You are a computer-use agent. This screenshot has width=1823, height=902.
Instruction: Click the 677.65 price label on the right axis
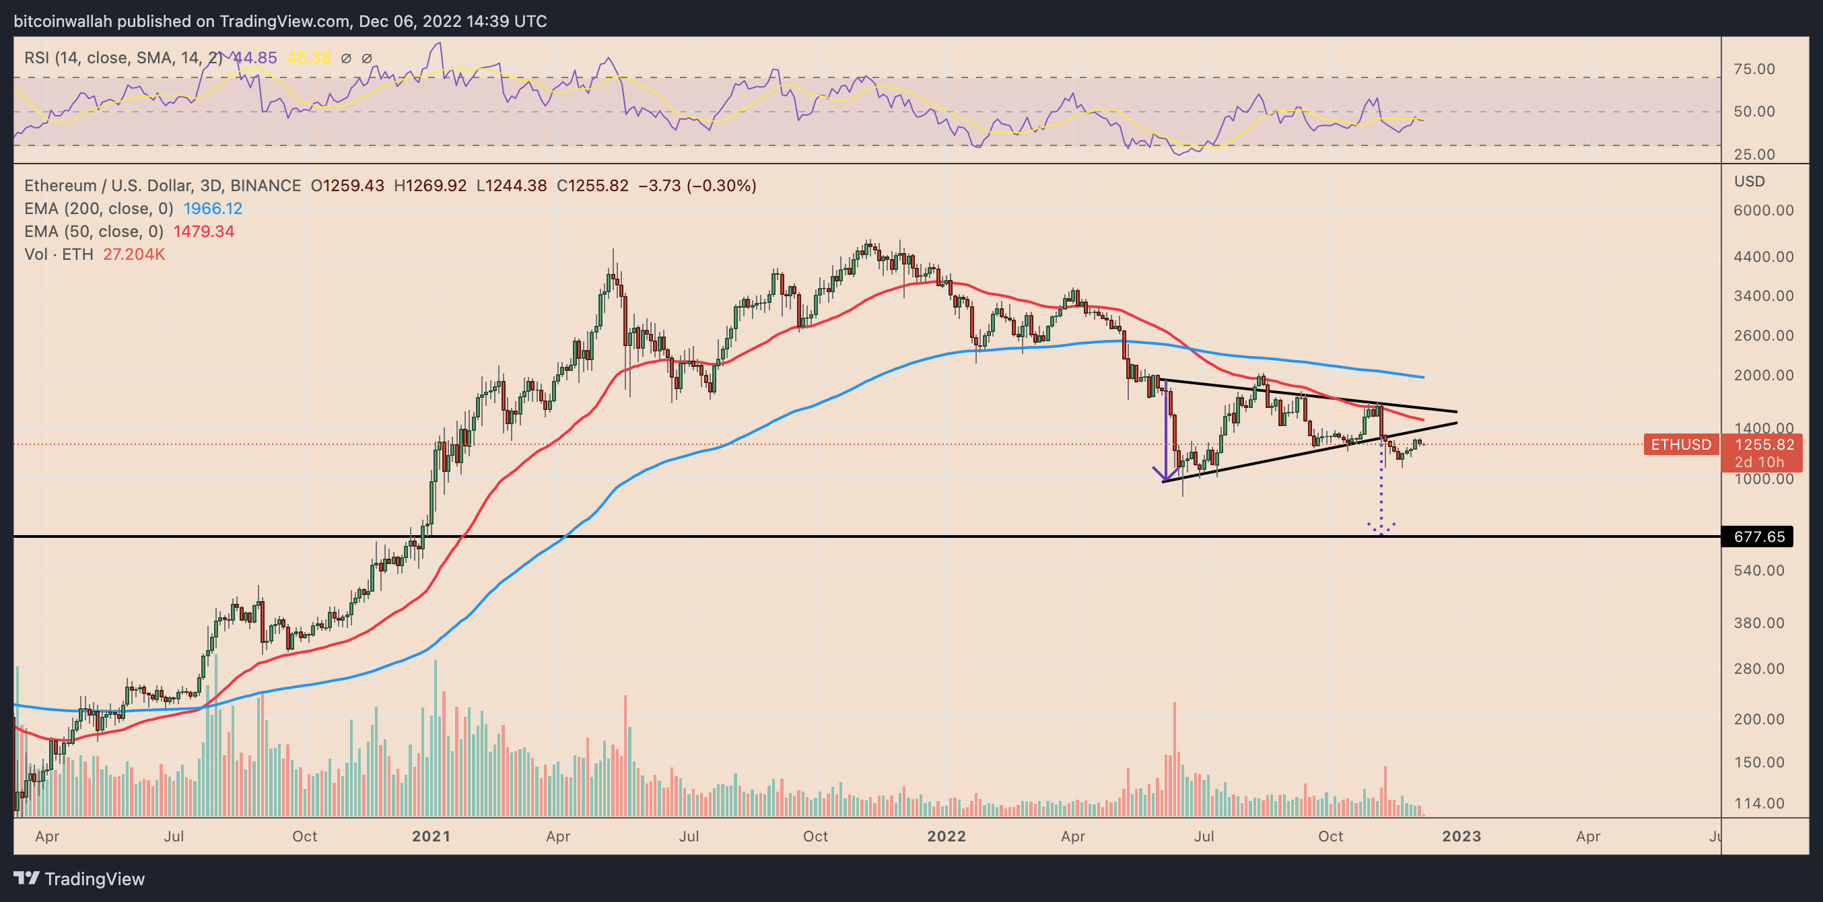click(x=1759, y=537)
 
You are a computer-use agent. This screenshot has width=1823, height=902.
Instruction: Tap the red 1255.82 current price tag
click(x=1764, y=445)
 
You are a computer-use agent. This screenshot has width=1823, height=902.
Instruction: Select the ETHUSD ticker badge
click(x=1680, y=445)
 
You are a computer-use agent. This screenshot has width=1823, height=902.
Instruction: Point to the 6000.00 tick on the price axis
click(x=1764, y=211)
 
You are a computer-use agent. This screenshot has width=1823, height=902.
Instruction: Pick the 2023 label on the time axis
click(x=1461, y=836)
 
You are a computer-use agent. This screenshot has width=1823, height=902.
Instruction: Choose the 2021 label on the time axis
click(x=431, y=836)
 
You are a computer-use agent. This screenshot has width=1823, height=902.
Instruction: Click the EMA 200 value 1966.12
click(x=212, y=209)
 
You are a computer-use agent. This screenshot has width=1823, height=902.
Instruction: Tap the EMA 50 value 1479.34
click(x=204, y=232)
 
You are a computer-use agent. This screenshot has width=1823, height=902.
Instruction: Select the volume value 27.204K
click(x=134, y=254)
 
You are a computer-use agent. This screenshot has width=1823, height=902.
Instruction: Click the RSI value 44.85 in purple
click(x=254, y=58)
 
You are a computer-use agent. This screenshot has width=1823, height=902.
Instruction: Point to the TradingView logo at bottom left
click(x=79, y=878)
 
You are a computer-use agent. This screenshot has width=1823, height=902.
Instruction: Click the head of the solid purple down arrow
click(x=1165, y=478)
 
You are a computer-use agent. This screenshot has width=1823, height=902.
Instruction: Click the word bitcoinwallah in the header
click(x=63, y=22)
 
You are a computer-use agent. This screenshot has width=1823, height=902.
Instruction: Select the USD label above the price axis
click(x=1750, y=182)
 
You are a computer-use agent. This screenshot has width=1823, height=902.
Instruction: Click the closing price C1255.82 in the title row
click(x=592, y=186)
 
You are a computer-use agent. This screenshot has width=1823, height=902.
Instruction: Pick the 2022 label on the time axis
click(x=947, y=836)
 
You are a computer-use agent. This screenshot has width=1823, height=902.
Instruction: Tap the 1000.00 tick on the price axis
click(x=1764, y=479)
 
